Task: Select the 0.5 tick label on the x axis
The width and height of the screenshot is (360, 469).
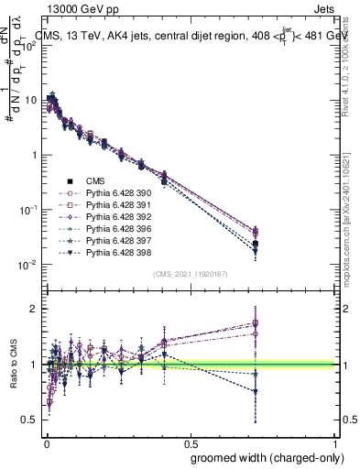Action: pos(191,442)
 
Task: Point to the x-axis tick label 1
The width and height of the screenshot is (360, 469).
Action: pos(335,442)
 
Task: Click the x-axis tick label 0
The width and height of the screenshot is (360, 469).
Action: pos(46,442)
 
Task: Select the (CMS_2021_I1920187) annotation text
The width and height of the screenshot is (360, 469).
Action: pos(191,274)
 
